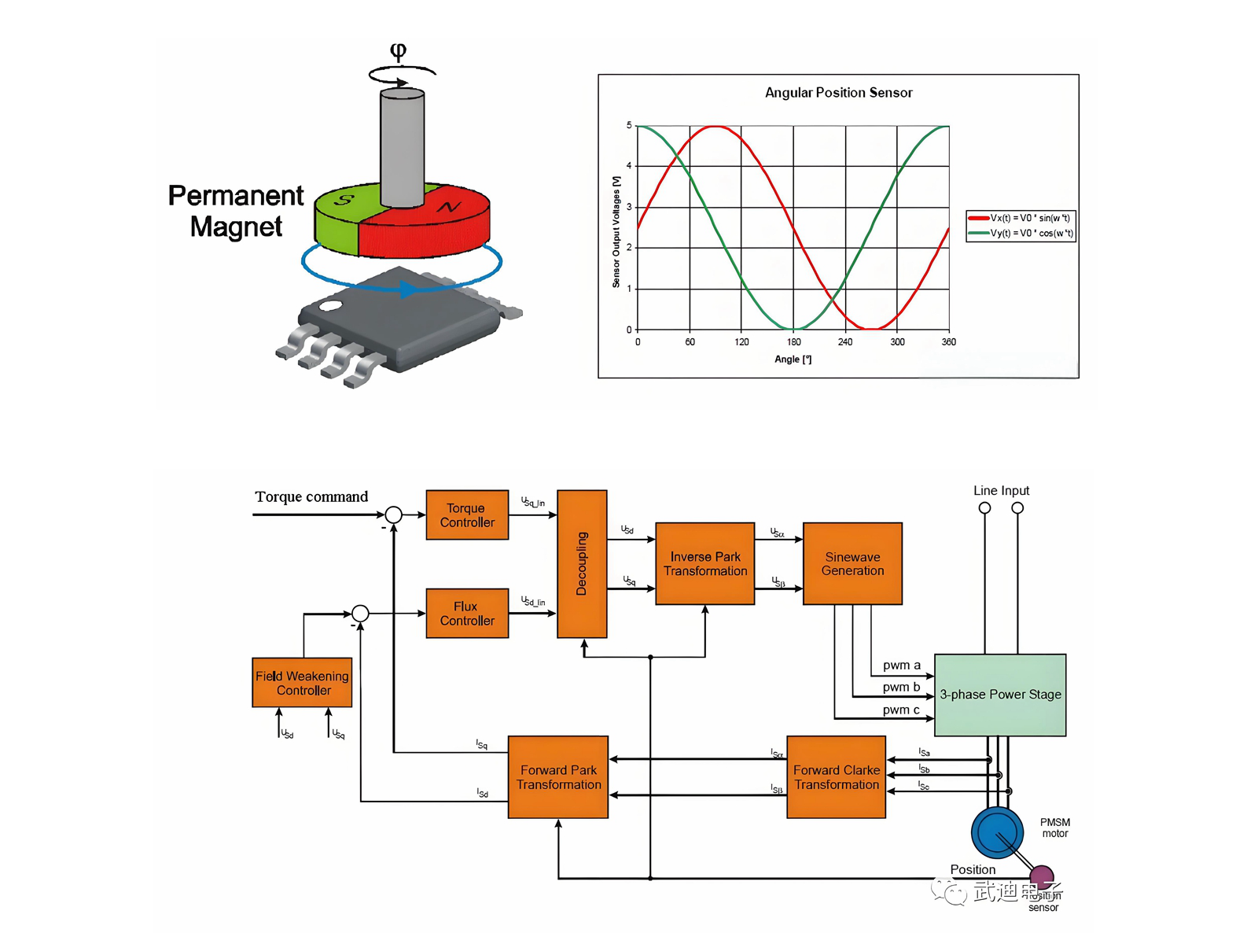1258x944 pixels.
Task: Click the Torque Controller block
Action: click(x=467, y=515)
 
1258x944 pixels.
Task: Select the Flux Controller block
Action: click(x=467, y=614)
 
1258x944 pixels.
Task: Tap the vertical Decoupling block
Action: click(x=582, y=564)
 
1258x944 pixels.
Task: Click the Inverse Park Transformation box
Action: click(x=705, y=564)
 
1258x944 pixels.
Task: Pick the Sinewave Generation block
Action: click(x=852, y=564)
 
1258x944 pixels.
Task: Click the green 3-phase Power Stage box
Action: click(x=1000, y=695)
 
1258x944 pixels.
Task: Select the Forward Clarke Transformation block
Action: click(x=837, y=777)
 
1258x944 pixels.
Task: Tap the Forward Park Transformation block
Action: click(x=558, y=777)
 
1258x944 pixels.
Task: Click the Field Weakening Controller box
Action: click(x=302, y=683)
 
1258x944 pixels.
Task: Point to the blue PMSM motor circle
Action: click(x=997, y=833)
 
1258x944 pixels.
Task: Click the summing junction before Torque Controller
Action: click(x=393, y=515)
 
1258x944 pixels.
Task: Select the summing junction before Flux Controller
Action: click(x=360, y=614)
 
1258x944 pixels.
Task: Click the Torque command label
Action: click(x=311, y=497)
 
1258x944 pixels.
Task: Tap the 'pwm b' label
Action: click(x=901, y=687)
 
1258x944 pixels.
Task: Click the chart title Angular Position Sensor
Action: click(x=838, y=93)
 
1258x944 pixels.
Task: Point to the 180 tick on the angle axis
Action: click(x=794, y=342)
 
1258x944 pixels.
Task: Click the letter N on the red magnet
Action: click(x=448, y=207)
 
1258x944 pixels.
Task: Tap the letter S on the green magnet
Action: click(x=344, y=200)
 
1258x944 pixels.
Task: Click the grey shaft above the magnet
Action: click(x=402, y=146)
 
